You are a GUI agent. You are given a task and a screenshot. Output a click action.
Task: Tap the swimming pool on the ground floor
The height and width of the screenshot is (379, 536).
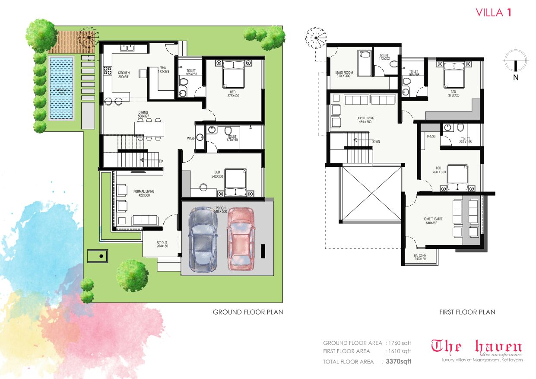click(x=61, y=88)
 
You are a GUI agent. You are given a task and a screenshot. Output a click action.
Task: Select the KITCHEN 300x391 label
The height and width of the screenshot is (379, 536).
click(x=124, y=75)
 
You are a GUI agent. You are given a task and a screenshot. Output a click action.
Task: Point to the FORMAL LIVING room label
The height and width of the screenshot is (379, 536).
click(x=144, y=193)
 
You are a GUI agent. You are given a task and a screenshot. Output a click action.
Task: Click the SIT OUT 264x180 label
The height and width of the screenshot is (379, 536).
click(x=162, y=245)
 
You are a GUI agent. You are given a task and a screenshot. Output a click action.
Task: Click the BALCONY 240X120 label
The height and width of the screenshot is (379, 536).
click(x=420, y=258)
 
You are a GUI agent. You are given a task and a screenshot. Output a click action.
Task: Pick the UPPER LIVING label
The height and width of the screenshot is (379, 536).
click(x=365, y=120)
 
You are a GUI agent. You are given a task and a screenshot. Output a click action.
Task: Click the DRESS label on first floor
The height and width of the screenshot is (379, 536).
click(x=431, y=136)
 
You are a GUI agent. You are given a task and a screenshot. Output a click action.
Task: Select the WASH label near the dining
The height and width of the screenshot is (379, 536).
click(x=190, y=139)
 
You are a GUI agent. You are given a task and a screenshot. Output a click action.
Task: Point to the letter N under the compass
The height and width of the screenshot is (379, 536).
click(x=516, y=78)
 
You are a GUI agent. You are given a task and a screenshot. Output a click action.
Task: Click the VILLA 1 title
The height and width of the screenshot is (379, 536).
click(x=494, y=13)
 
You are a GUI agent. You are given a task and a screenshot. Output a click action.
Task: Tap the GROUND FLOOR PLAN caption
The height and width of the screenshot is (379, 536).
click(x=247, y=312)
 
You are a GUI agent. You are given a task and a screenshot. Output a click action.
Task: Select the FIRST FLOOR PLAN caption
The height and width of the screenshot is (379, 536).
click(x=467, y=312)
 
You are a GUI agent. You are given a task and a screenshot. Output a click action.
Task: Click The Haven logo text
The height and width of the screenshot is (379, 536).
click(x=477, y=347)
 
